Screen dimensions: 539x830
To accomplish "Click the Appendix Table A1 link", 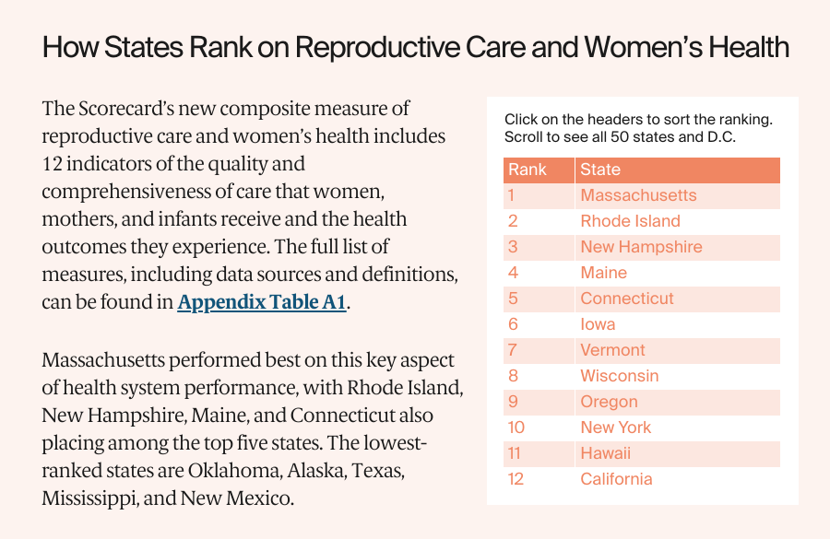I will pos(262,303).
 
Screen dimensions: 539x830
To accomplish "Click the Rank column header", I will pos(528,170).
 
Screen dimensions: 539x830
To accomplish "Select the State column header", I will pos(600,170).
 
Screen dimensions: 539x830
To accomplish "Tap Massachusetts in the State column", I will pos(638,195).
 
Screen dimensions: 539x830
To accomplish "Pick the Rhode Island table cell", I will pos(630,221).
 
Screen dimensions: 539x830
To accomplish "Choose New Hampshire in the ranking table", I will pos(641,247).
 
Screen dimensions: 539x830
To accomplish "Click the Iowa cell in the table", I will pos(598,324).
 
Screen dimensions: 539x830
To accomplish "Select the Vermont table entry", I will pos(612,350).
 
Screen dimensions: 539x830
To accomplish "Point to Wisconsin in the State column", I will pos(619,376).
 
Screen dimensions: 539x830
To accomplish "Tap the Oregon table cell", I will pos(609,402).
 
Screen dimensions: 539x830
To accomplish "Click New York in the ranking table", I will pos(615,428).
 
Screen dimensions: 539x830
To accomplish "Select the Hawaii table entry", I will pos(605,453).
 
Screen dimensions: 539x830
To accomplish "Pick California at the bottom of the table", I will pos(616,479).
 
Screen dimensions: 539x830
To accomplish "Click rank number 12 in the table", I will pos(515,479).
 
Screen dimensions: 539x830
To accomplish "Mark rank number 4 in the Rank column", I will pos(513,273).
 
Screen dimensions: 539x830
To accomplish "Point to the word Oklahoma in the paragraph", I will pos(231,471).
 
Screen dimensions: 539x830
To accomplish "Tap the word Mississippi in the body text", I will pos(87,498).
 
